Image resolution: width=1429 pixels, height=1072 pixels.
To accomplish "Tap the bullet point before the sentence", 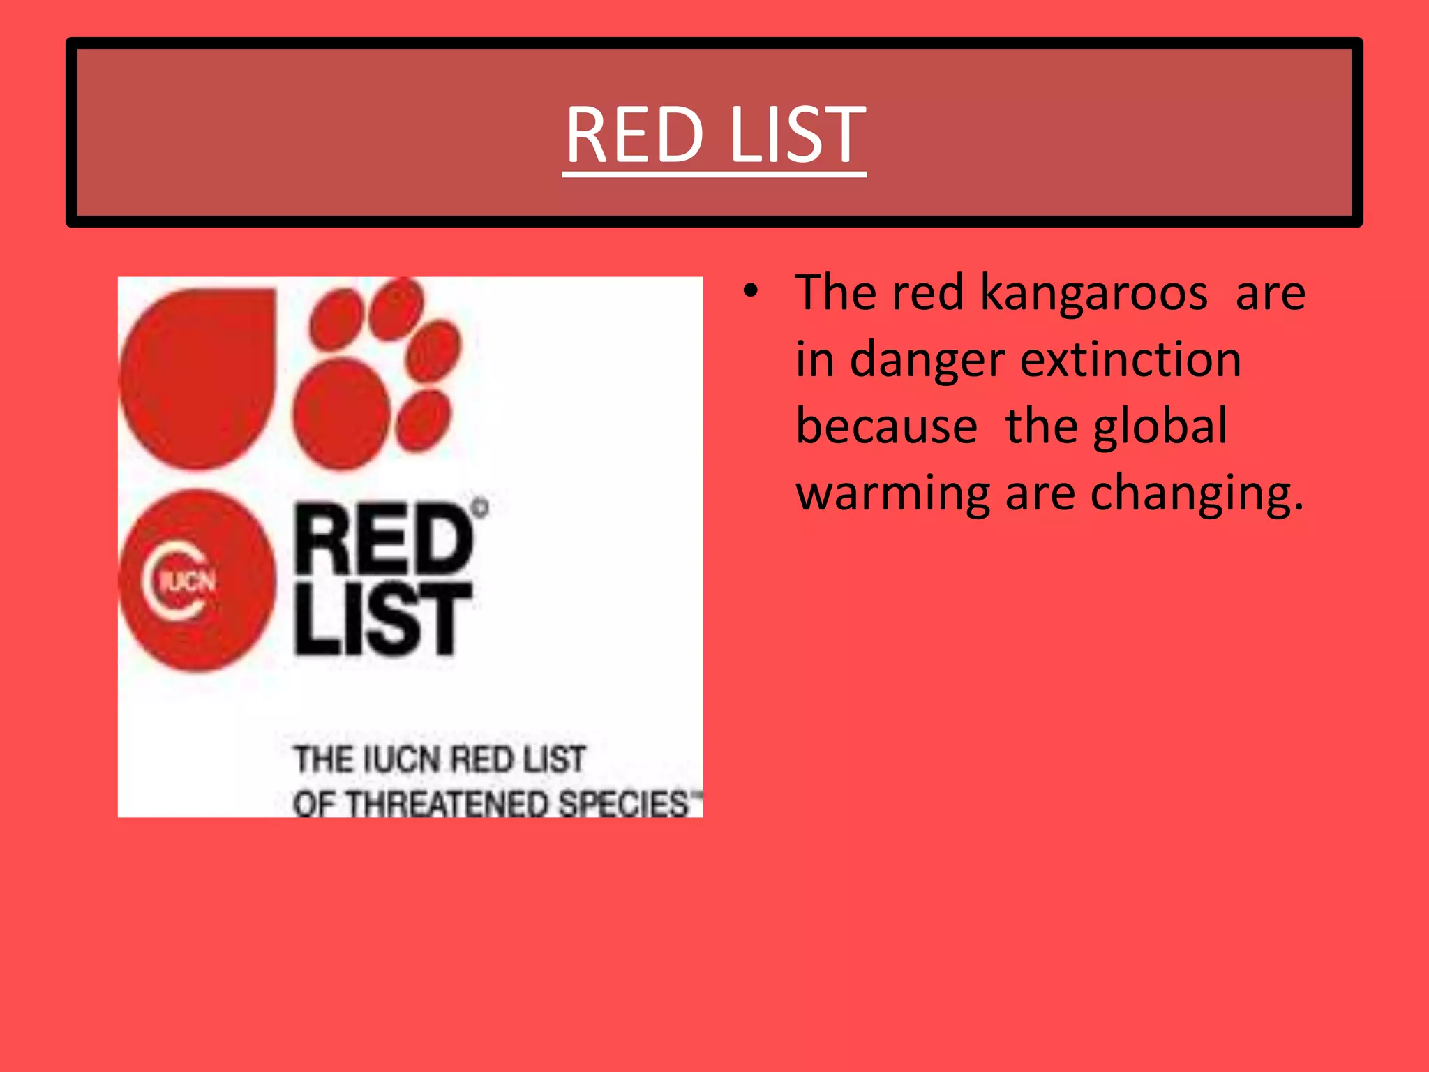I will coord(750,292).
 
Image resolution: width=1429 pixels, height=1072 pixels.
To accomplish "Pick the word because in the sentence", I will coord(886,426).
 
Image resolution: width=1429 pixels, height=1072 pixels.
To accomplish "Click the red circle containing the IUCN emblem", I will coord(197,581).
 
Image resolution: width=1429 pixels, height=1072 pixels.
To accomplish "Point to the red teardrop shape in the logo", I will coord(199,377).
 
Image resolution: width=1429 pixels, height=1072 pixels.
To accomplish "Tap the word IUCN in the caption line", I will coord(403,759).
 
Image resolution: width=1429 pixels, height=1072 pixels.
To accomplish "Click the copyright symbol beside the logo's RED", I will coord(480,507).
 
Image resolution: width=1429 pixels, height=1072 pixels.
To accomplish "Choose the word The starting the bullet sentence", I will coord(836,293).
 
